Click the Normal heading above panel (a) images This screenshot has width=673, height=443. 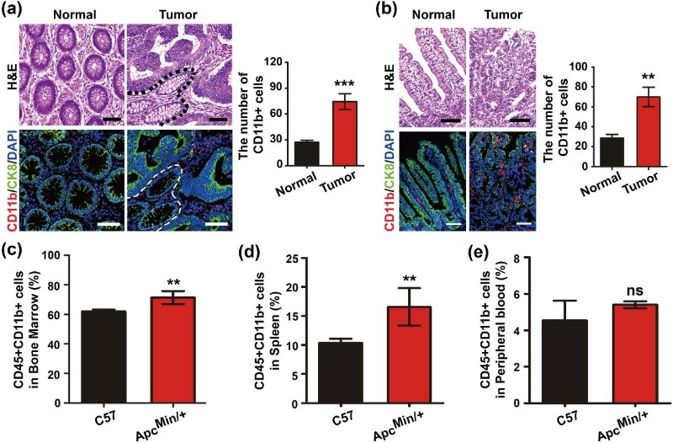(x=72, y=13)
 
